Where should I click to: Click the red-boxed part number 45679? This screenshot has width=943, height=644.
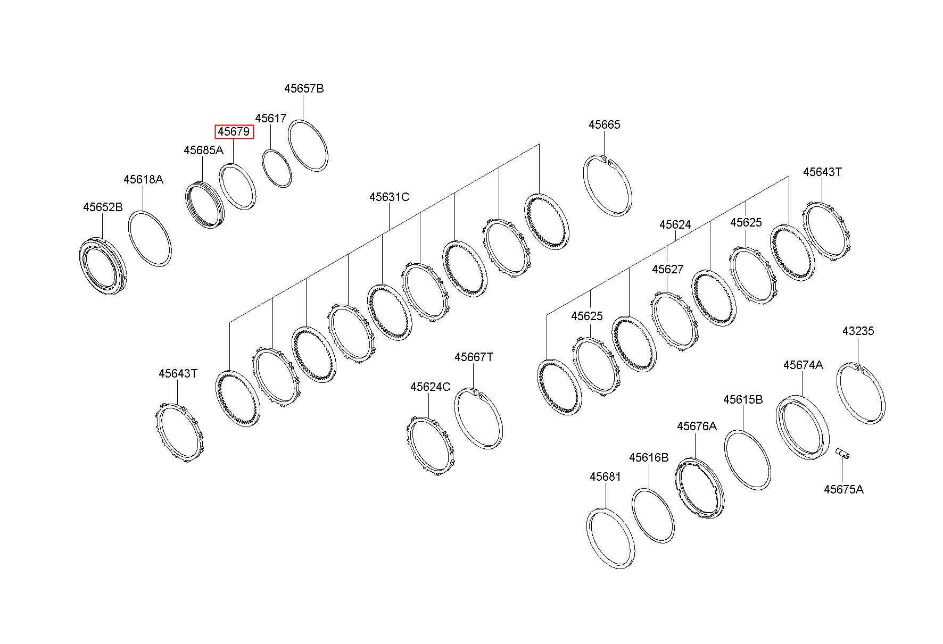234,132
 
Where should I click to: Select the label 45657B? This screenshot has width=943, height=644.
304,89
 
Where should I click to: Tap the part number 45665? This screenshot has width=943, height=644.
605,124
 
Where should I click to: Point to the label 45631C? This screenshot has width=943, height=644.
390,197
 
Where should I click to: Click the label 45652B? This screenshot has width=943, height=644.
103,207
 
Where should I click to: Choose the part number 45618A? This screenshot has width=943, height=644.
143,180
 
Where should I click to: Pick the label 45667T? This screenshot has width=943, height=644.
474,357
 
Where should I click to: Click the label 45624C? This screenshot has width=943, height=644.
430,387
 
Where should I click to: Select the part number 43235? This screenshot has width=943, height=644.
858,331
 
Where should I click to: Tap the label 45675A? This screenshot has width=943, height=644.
843,490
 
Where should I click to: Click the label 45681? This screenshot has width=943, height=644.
605,477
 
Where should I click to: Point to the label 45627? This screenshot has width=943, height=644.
667,270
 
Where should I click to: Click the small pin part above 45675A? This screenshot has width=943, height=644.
842,453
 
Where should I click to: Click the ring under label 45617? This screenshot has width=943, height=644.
277,168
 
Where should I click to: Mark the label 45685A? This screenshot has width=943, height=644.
203,150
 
